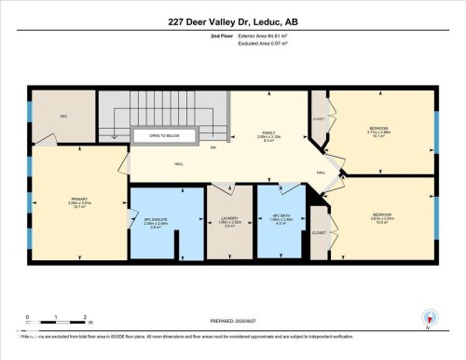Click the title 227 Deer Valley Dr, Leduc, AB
[232, 21]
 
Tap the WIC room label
[63, 117]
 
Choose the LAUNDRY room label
[229, 224]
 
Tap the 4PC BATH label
[281, 223]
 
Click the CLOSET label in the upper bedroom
[319, 119]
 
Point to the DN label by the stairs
[212, 148]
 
